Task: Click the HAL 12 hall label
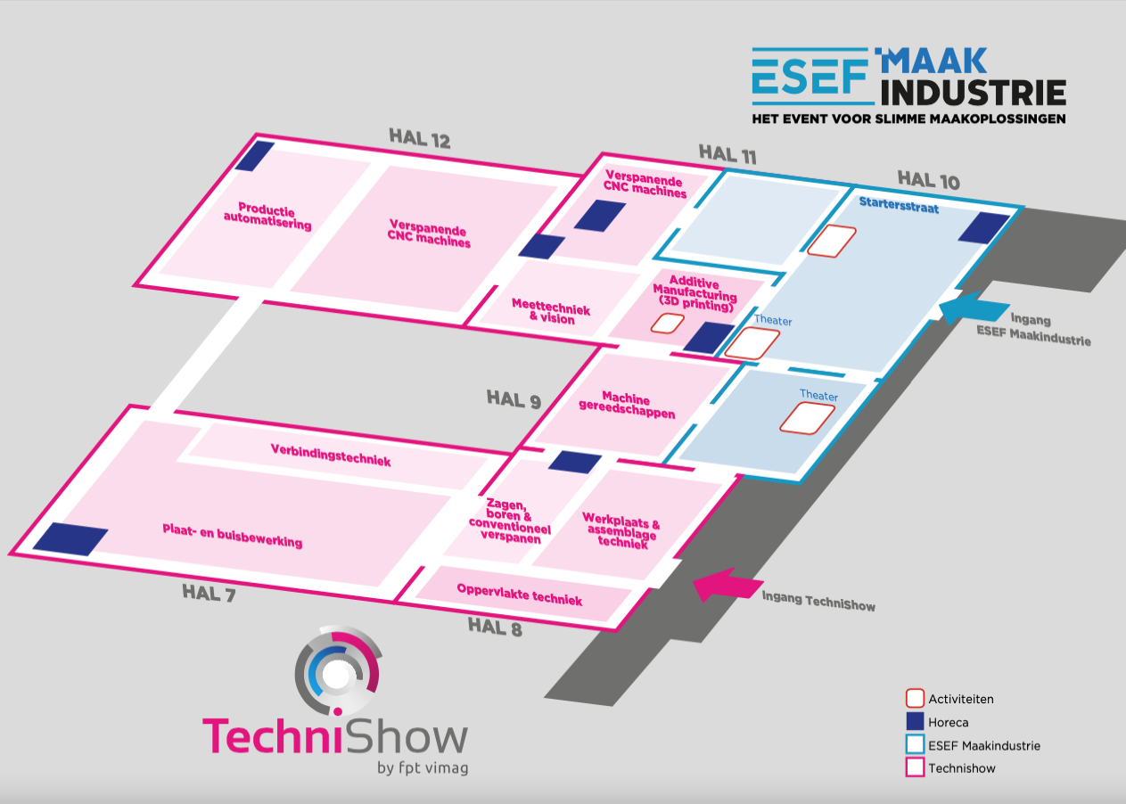pyautogui.click(x=419, y=139)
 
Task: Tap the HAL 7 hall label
pyautogui.click(x=209, y=592)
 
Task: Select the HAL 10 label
pyautogui.click(x=928, y=179)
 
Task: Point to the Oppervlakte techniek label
pyautogui.click(x=519, y=595)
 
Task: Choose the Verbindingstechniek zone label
pyautogui.click(x=331, y=455)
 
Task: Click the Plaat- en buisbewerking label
pyautogui.click(x=232, y=535)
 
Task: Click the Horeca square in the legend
pyautogui.click(x=914, y=722)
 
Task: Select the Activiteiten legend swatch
pyautogui.click(x=914, y=699)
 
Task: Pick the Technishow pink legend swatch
pyautogui.click(x=914, y=767)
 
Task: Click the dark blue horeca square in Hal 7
pyautogui.click(x=70, y=538)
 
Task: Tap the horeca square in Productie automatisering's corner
pyautogui.click(x=254, y=156)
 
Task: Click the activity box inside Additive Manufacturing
pyautogui.click(x=667, y=322)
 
